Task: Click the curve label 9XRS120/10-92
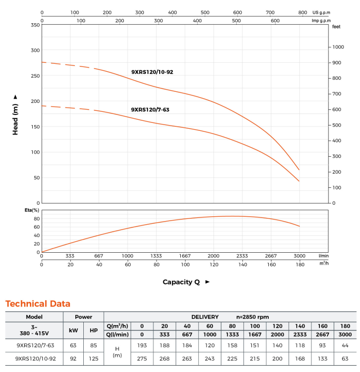pos(152,72)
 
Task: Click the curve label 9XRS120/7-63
pos(150,110)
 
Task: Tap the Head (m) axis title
pos(16,115)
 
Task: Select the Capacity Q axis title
pos(181,282)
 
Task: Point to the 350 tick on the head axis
pos(35,25)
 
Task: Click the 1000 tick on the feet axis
pos(337,47)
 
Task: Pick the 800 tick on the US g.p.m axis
pos(303,12)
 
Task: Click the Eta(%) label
pos(33,211)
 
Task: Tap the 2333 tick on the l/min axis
pos(242,255)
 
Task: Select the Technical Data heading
pos(38,303)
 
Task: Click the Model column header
pos(34,317)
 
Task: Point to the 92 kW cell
pos(73,358)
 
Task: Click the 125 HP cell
pos(94,358)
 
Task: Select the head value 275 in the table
pos(142,358)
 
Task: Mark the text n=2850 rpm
pos(252,317)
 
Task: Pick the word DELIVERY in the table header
pos(205,317)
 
